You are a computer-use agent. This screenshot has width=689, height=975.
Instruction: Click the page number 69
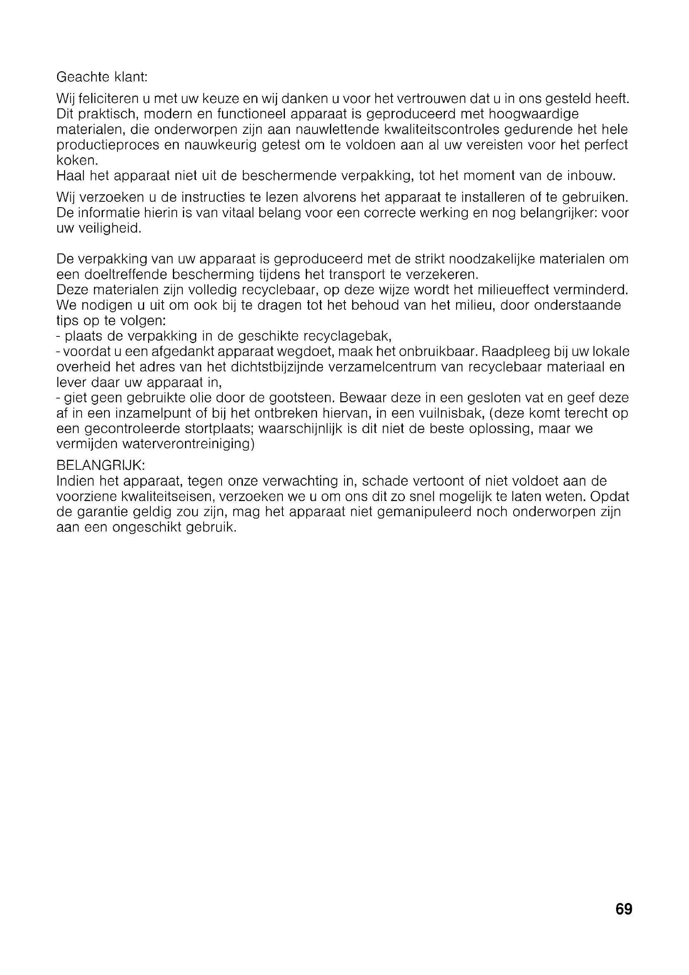pyautogui.click(x=623, y=909)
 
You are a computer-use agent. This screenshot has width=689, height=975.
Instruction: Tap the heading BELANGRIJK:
pyautogui.click(x=100, y=466)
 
